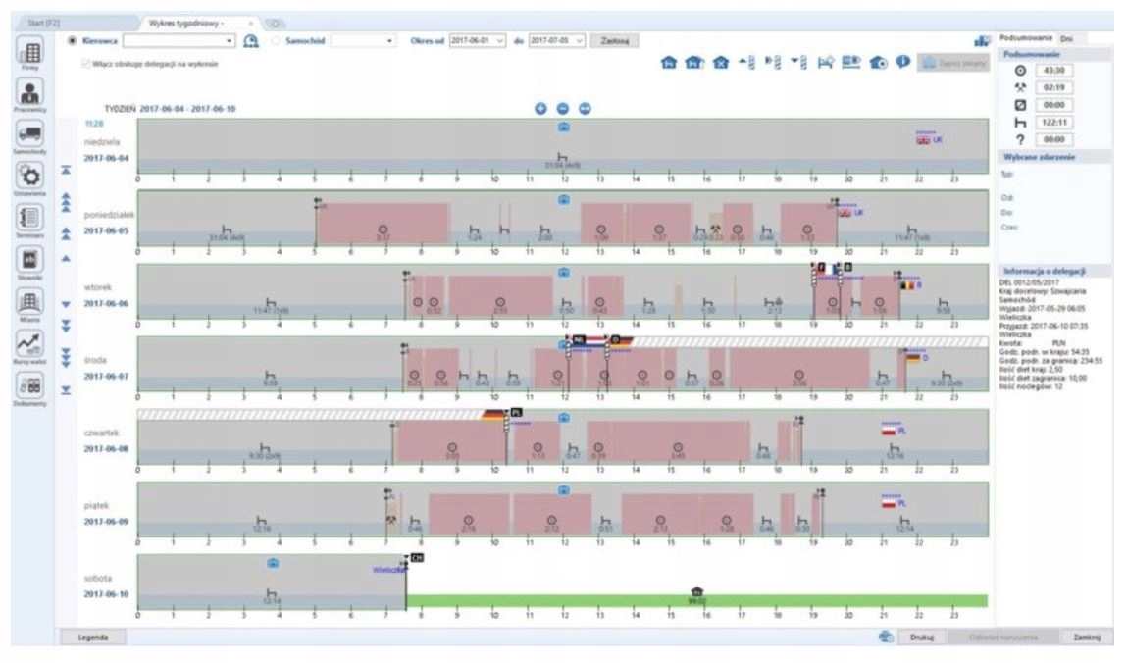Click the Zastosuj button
619,40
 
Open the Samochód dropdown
363,40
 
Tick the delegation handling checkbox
85,64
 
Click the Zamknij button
1088,637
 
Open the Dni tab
1067,38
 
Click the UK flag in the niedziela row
922,140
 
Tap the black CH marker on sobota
417,557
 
